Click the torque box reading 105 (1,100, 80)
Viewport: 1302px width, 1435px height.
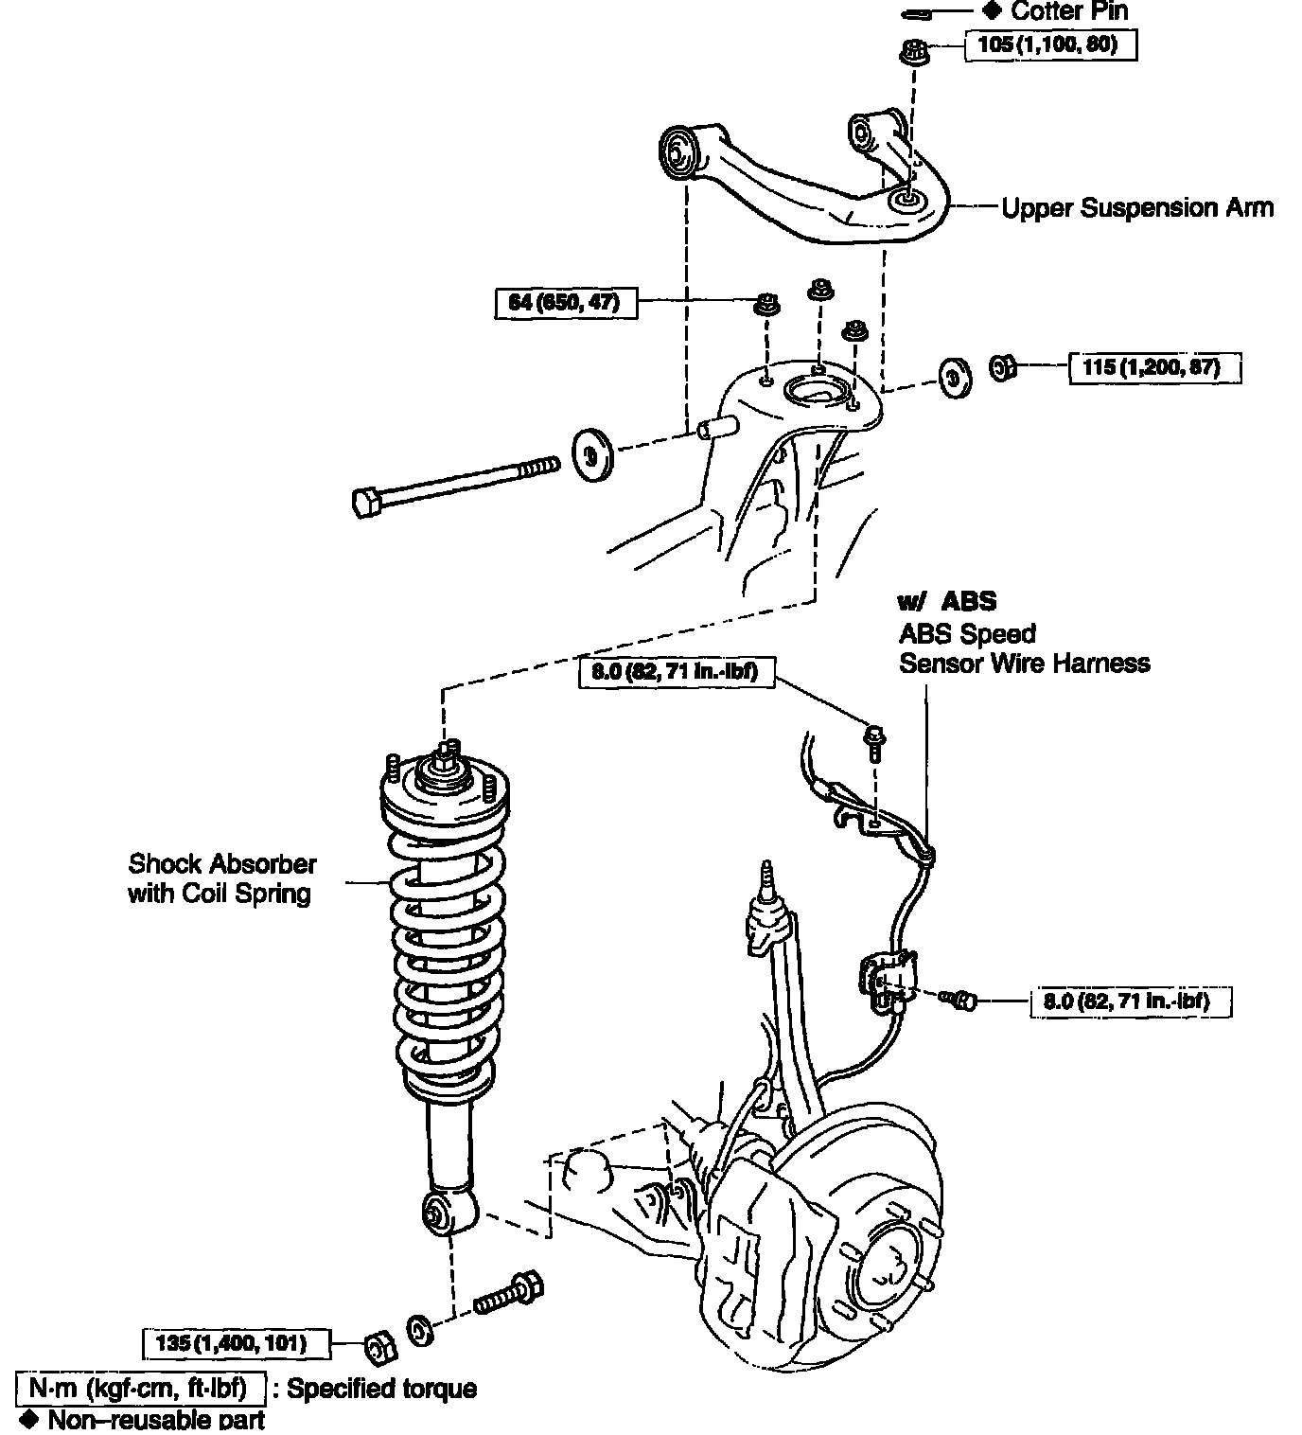(x=1049, y=44)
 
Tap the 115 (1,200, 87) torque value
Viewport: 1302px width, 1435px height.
(x=1153, y=367)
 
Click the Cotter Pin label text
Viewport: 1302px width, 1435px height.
(x=1068, y=12)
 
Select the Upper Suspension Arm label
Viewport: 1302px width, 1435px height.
(x=1137, y=208)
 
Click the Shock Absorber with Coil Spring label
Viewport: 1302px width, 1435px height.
(x=221, y=878)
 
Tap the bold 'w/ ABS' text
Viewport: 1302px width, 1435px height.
(x=947, y=601)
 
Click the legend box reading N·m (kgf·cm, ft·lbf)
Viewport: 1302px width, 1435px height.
(x=139, y=1389)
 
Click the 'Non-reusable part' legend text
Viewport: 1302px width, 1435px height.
(x=156, y=1420)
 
